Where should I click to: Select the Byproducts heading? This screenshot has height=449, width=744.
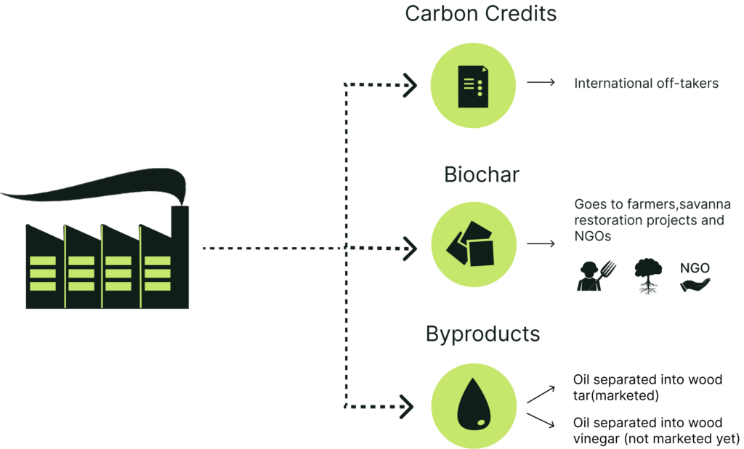482,335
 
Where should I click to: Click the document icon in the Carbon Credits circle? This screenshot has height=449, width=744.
473,86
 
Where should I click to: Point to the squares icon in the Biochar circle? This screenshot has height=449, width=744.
473,246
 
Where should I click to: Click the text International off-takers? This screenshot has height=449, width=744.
646,84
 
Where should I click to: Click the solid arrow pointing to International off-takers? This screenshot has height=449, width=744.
541,84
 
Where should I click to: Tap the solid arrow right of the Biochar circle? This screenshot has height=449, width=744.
541,244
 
